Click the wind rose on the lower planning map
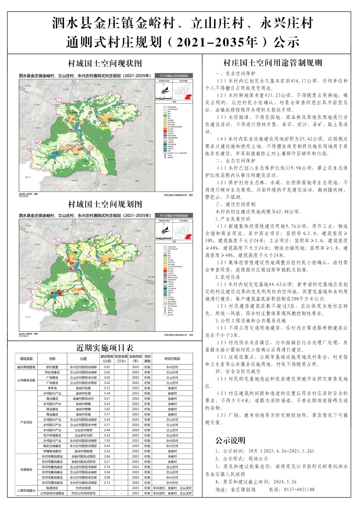point(162,232)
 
